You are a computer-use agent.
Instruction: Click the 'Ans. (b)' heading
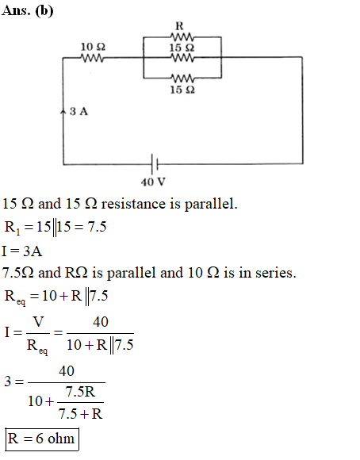[28, 11]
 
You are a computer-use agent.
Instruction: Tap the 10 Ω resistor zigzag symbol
[92, 58]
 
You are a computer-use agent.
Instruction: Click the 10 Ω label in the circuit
[93, 47]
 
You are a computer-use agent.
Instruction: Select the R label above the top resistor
[179, 26]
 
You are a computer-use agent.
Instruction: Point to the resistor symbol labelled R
[182, 37]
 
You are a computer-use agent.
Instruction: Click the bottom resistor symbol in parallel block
[182, 79]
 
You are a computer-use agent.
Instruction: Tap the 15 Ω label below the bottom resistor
[182, 90]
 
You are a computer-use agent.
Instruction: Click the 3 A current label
[79, 112]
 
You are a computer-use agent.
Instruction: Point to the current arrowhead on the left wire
[63, 112]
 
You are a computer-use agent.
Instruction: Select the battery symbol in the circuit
[155, 164]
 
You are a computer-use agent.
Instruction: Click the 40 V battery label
[153, 182]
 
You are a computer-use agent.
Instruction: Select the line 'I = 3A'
[22, 251]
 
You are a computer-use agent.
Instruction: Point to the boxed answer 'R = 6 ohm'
[42, 439]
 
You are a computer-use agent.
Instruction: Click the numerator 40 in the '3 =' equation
[67, 371]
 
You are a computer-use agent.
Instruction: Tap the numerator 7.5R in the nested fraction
[80, 392]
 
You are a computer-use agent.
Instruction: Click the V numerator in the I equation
[38, 322]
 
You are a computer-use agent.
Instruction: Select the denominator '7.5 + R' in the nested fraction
[80, 414]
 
